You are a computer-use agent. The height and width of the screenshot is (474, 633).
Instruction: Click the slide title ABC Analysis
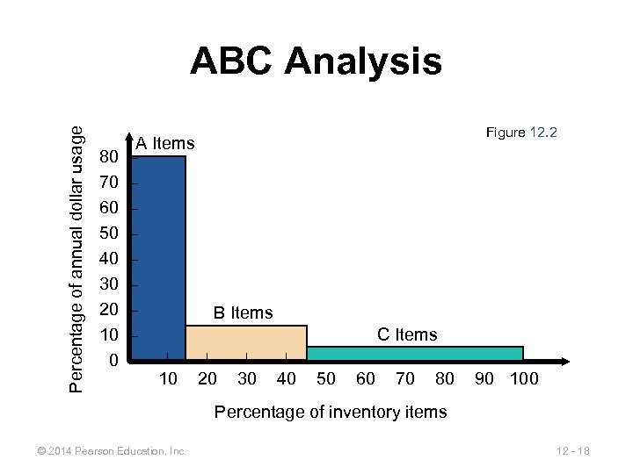click(316, 62)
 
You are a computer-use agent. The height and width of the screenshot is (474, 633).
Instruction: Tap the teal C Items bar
click(414, 353)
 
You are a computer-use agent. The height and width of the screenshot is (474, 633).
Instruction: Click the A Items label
click(165, 143)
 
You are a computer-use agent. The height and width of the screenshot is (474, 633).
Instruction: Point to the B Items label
click(244, 312)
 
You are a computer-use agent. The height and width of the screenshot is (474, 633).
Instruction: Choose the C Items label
click(406, 334)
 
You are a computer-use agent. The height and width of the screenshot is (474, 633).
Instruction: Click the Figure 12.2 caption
click(521, 133)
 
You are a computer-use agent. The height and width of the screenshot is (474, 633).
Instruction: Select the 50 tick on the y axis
click(110, 234)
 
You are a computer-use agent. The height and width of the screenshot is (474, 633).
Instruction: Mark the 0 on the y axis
click(113, 361)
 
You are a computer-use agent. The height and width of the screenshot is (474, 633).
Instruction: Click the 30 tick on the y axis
click(110, 285)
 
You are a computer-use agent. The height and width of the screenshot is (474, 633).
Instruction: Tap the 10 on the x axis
click(168, 379)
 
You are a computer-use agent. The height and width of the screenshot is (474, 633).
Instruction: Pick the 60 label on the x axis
click(365, 379)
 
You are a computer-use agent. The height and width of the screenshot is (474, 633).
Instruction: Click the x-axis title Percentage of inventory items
click(331, 412)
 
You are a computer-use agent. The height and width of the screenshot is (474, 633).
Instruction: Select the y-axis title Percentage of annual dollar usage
click(78, 259)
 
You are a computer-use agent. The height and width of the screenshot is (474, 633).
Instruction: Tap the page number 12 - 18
click(572, 451)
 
